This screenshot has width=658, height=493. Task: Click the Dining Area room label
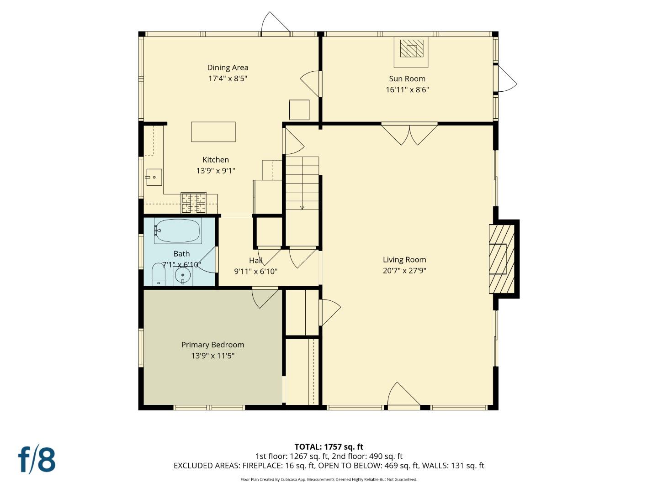point(228,68)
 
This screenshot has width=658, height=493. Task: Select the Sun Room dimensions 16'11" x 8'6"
point(407,90)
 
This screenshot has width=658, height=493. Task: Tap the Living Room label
point(404,260)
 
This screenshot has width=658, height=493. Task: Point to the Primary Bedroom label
point(212,345)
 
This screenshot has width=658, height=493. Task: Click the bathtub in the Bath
point(178,231)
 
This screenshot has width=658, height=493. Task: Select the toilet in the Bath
point(158,274)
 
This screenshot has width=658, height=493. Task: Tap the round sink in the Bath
point(183,276)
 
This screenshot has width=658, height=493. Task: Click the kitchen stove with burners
point(194,203)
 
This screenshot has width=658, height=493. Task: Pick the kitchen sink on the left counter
point(154,177)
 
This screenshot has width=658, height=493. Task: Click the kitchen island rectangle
point(213,132)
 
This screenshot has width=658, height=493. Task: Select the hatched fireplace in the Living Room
point(501,259)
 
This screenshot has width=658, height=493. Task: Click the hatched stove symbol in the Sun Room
point(411,48)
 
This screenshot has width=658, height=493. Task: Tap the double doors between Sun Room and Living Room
point(409,134)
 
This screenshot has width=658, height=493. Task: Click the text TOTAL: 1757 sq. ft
point(329,447)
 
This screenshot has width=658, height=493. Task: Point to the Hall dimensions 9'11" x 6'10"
point(255,272)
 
